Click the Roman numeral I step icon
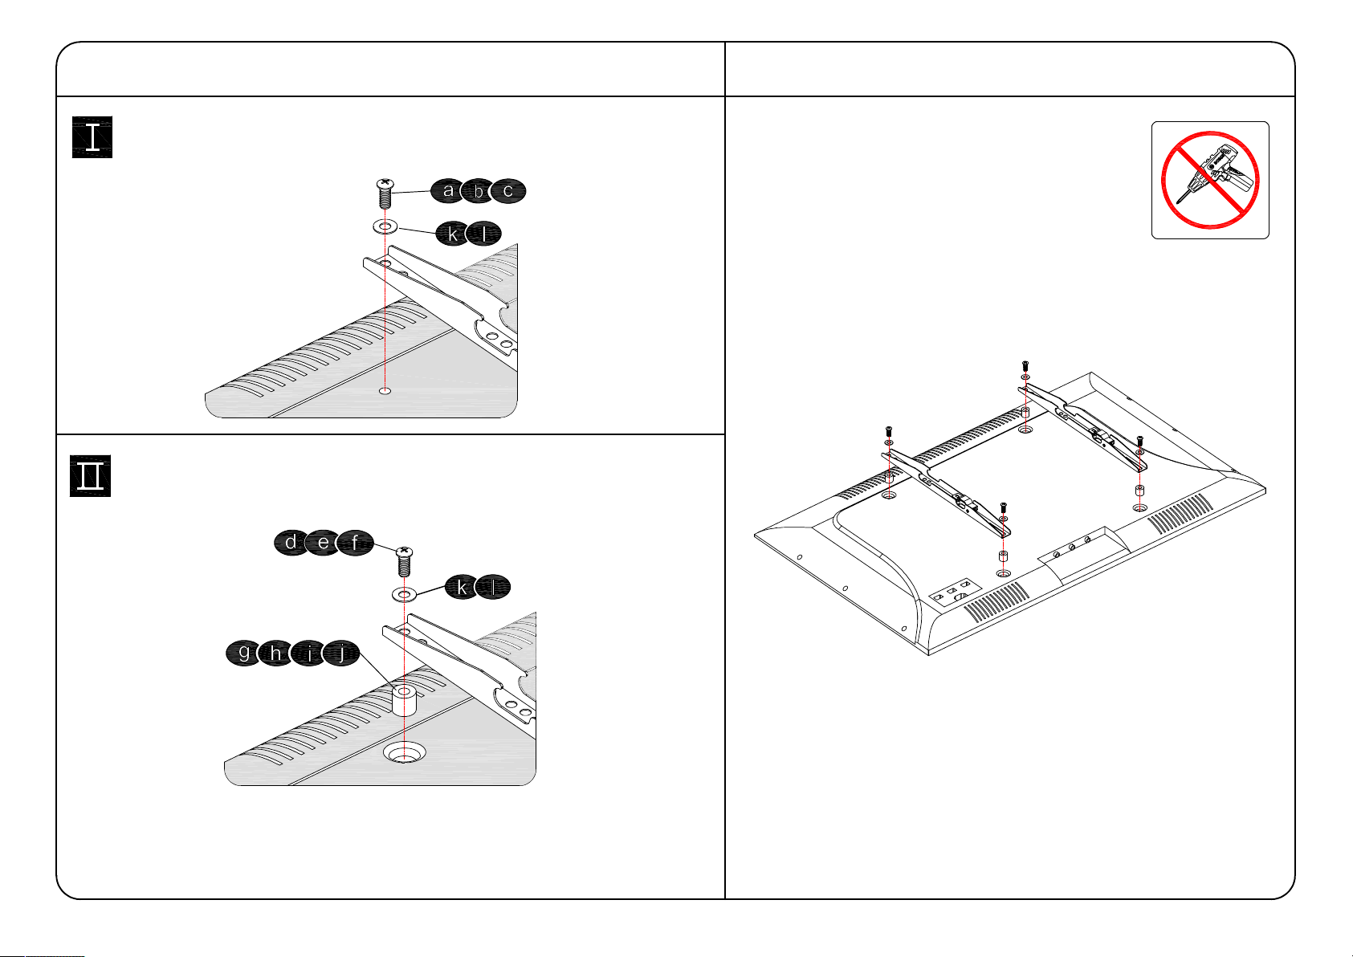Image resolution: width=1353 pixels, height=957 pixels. coord(92,137)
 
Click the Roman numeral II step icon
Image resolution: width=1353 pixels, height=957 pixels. coord(90,476)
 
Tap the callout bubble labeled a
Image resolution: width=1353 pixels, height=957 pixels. coord(448,191)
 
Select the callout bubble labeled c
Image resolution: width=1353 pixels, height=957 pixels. coord(507,191)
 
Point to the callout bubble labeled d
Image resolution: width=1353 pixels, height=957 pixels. coord(291,544)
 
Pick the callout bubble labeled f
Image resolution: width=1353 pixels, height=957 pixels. coord(355,544)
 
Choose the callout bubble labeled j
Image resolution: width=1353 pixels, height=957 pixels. coord(343,654)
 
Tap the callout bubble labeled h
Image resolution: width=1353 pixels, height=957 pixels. coord(276,654)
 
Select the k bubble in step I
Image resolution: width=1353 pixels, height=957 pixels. coord(453,234)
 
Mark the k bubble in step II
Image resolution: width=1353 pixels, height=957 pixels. coord(462,588)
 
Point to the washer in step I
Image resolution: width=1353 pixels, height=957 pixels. coord(385,227)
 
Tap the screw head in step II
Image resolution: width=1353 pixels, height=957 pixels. coord(403,552)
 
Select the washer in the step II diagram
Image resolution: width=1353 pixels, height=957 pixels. coord(403,595)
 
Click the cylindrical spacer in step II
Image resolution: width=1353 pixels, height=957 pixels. coord(403,700)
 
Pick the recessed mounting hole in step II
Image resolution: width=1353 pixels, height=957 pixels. coord(404,753)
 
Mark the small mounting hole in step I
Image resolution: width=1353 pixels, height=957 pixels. coord(385,391)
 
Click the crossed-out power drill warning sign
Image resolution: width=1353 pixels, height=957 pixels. coord(1209,180)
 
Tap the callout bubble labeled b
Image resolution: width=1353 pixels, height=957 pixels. coord(479,191)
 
